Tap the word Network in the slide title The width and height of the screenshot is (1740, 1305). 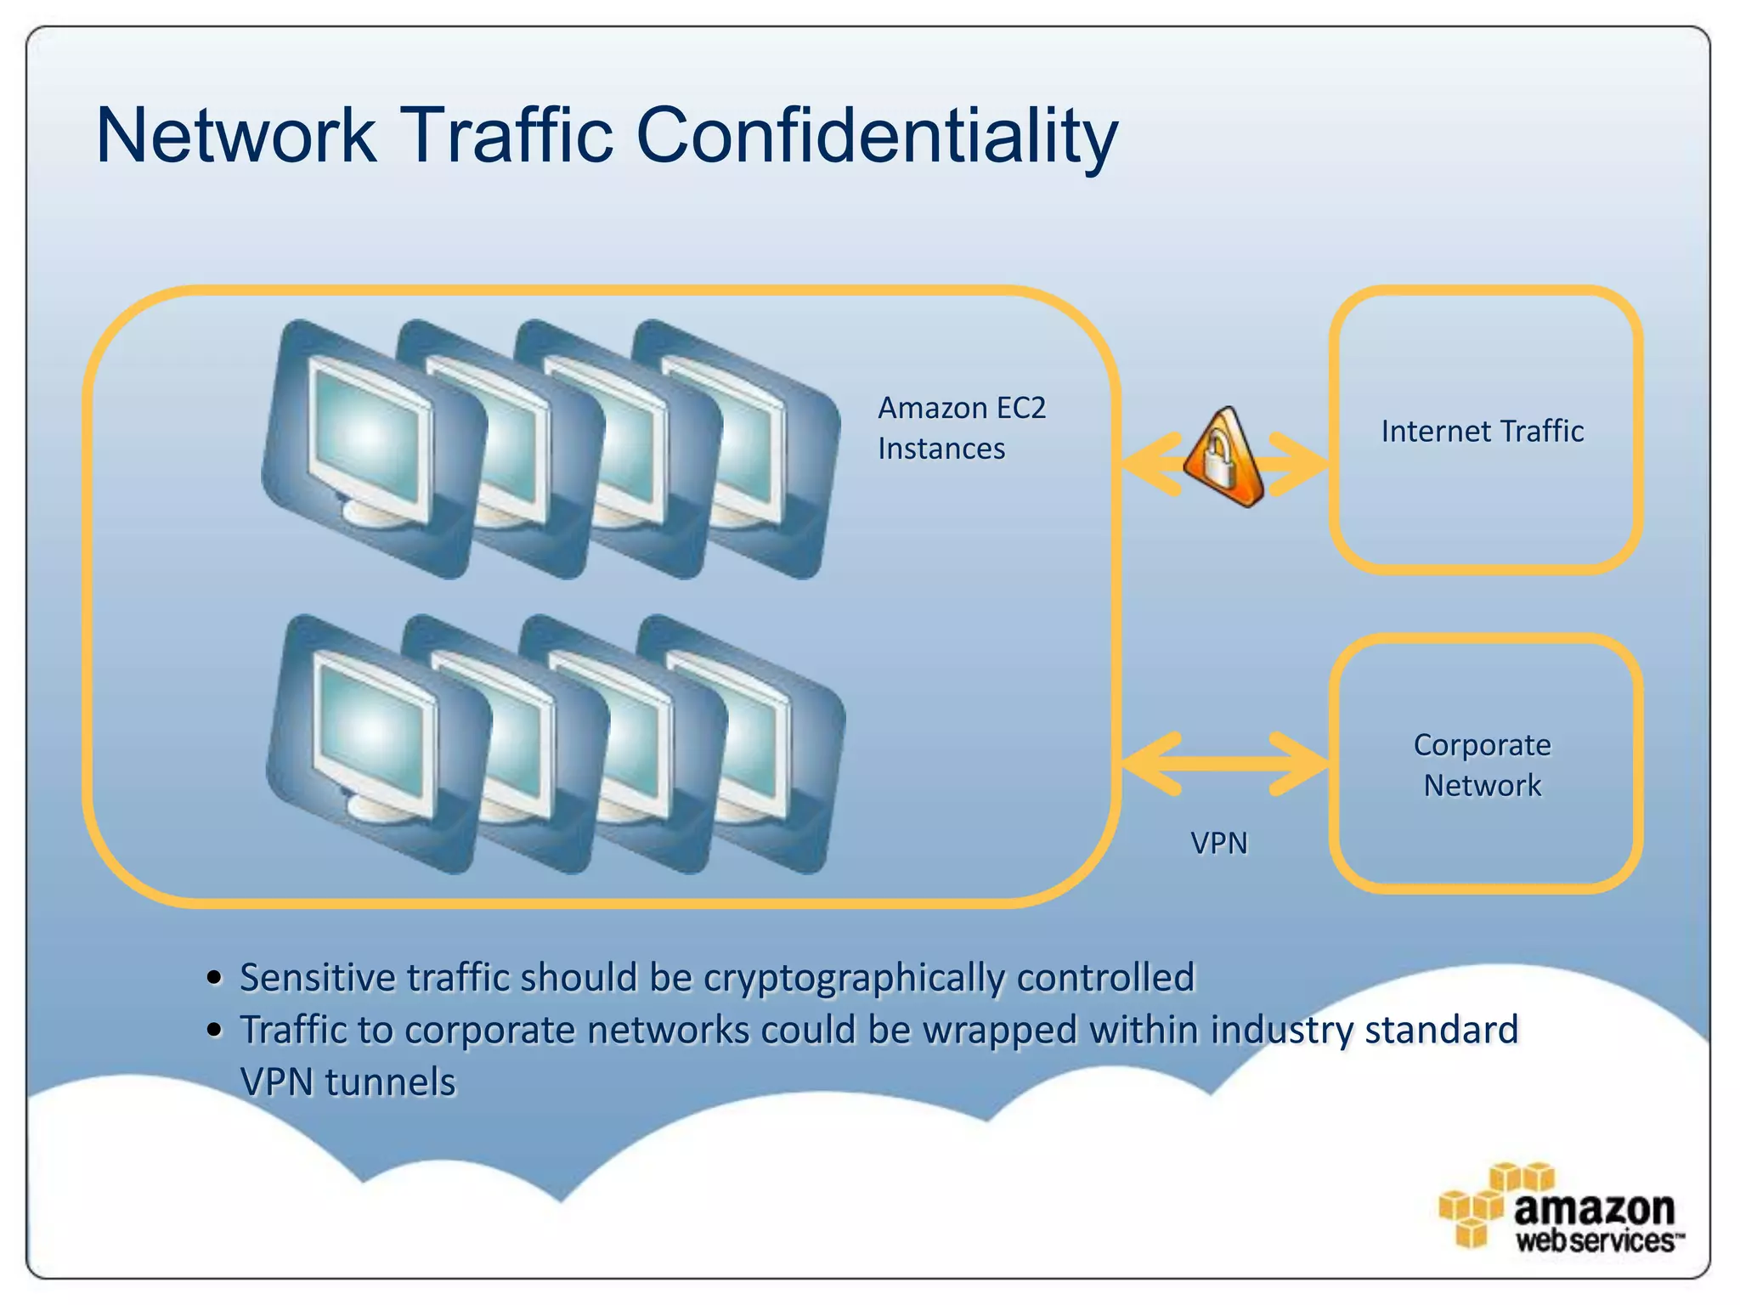[x=236, y=136]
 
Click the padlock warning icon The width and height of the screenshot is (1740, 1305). [x=1224, y=459]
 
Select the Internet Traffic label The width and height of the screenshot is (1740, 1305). [x=1482, y=432]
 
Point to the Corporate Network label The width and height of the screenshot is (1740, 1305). [x=1482, y=765]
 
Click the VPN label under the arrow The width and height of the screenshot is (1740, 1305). [x=1218, y=844]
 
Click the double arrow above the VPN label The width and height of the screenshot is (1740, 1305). [x=1223, y=763]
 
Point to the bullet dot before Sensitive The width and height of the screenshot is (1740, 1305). [x=215, y=979]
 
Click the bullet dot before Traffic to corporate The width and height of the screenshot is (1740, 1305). [x=215, y=1031]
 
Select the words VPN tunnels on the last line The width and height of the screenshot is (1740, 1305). [x=347, y=1082]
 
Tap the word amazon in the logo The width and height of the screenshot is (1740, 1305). [x=1593, y=1207]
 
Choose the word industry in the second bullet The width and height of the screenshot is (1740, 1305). [x=1282, y=1031]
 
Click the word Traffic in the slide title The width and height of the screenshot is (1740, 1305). [x=506, y=136]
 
